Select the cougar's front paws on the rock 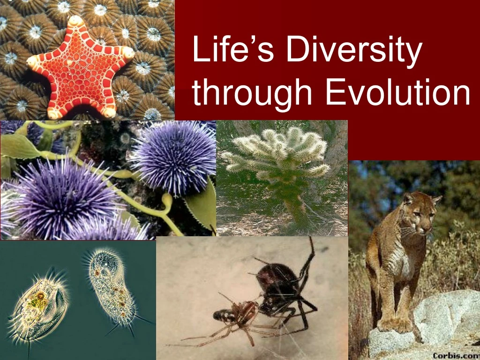(394, 323)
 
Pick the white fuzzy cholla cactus (277, 155)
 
